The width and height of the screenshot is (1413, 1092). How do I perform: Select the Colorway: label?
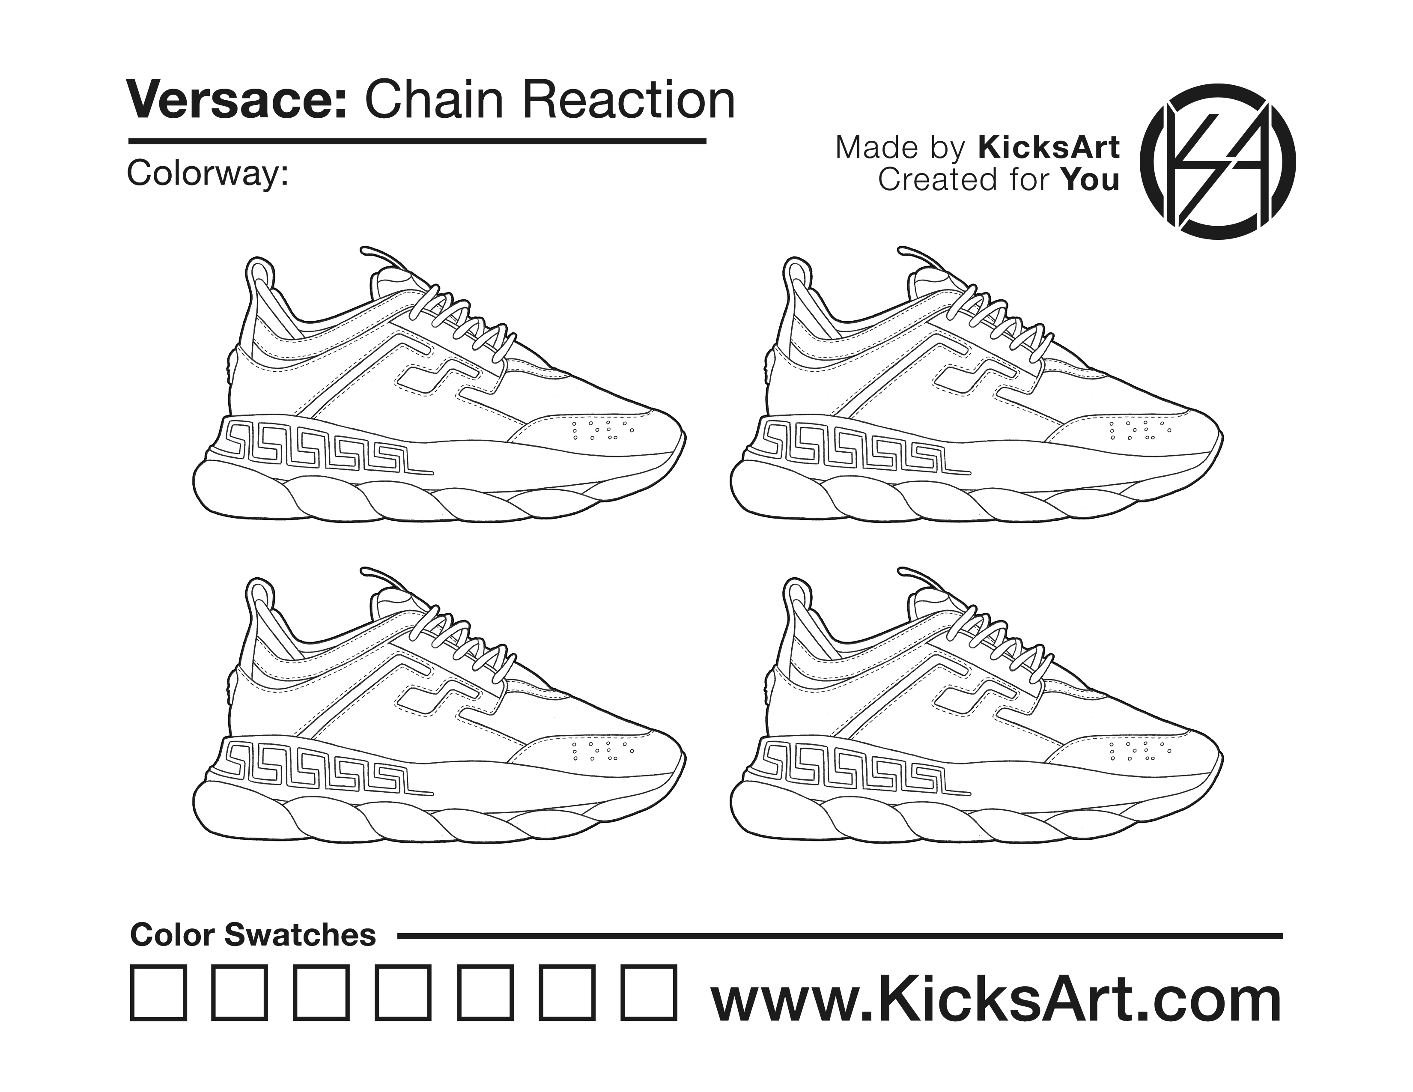pos(208,174)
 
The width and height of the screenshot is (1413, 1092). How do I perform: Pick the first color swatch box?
pos(158,993)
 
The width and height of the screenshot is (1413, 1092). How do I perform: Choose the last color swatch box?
pos(650,993)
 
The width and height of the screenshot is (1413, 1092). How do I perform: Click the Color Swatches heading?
pos(253,935)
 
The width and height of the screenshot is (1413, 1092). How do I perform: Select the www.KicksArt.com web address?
pos(996,1000)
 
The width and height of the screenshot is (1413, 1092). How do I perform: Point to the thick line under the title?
pos(417,140)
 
